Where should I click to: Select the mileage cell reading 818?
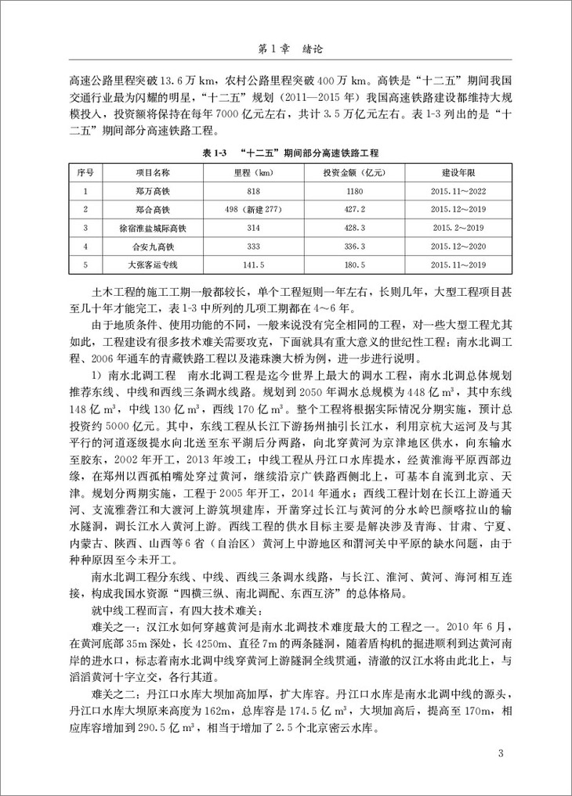pyautogui.click(x=253, y=190)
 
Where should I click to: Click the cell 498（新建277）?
pyautogui.click(x=253, y=209)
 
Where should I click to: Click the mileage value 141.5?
pyautogui.click(x=253, y=265)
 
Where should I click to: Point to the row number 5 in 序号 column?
pyautogui.click(x=84, y=265)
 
